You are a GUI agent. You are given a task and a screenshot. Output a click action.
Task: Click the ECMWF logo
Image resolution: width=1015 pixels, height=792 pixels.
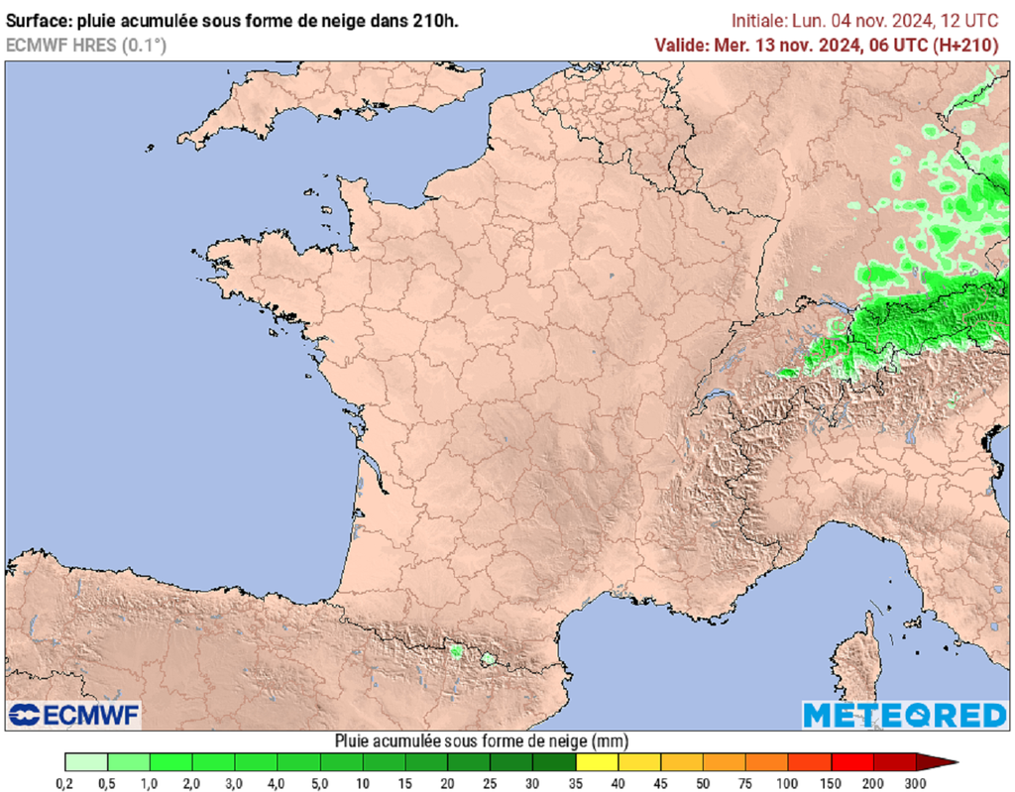[74, 714]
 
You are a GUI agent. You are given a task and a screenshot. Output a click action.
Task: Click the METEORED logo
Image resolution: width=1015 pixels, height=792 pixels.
[904, 715]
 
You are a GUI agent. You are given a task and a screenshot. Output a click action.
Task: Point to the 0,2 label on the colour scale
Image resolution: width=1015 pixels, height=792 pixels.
[65, 783]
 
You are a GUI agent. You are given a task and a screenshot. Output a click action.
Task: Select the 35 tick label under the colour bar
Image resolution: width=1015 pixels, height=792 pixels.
[576, 783]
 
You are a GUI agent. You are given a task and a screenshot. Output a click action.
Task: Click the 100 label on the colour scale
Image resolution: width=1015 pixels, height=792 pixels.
[788, 783]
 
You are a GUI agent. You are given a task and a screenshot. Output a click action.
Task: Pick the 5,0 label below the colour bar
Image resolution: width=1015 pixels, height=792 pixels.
[320, 783]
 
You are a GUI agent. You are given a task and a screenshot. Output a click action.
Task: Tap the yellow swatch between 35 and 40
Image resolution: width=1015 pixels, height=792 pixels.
[597, 762]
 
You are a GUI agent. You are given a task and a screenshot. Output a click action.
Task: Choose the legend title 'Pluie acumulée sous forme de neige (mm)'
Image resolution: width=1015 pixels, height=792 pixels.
[481, 740]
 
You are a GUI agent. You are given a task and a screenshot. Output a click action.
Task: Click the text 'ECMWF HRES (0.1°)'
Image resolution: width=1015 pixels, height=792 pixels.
[85, 45]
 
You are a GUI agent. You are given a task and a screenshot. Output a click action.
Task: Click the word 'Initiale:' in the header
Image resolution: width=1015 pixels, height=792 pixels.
[760, 20]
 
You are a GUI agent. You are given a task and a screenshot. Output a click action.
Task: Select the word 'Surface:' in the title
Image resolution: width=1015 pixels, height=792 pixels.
[37, 20]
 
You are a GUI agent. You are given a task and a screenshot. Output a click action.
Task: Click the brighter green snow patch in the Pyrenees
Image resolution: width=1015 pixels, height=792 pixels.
[456, 651]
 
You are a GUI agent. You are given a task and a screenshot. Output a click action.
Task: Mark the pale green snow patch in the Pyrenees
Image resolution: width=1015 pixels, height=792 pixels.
[488, 658]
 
